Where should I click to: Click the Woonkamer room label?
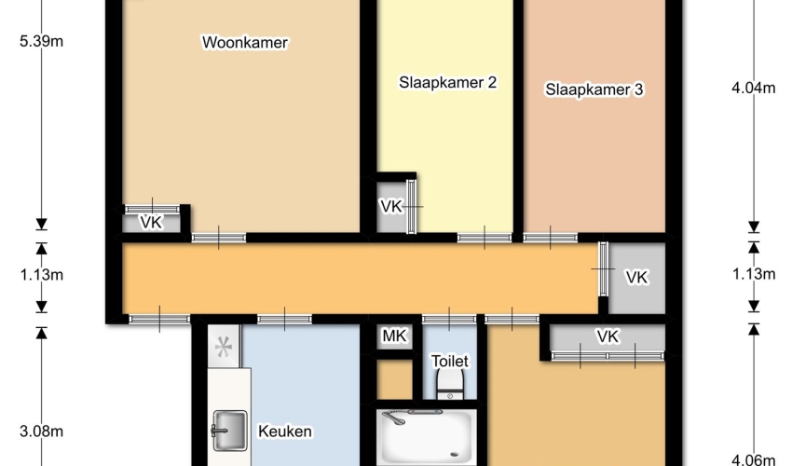click(x=245, y=43)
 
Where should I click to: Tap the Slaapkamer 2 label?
click(x=447, y=82)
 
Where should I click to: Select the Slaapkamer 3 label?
click(x=594, y=89)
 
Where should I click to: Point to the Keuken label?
click(x=285, y=432)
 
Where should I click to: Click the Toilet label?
click(x=449, y=361)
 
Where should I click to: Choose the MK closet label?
click(x=394, y=336)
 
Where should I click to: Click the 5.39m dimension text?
click(x=41, y=41)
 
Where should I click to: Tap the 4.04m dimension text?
click(x=753, y=88)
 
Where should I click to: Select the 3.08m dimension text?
click(x=41, y=432)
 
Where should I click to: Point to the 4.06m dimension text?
click(x=753, y=459)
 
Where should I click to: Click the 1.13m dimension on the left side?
click(x=41, y=275)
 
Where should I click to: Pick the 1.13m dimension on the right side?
click(x=753, y=274)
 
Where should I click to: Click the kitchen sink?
click(x=229, y=431)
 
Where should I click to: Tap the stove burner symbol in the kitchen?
click(x=223, y=347)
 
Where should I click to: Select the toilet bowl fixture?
click(x=449, y=385)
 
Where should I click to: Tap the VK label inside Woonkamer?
click(x=151, y=222)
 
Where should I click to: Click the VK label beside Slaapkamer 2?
click(x=391, y=206)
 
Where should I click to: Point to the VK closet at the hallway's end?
click(x=636, y=278)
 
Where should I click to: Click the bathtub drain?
click(x=455, y=454)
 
